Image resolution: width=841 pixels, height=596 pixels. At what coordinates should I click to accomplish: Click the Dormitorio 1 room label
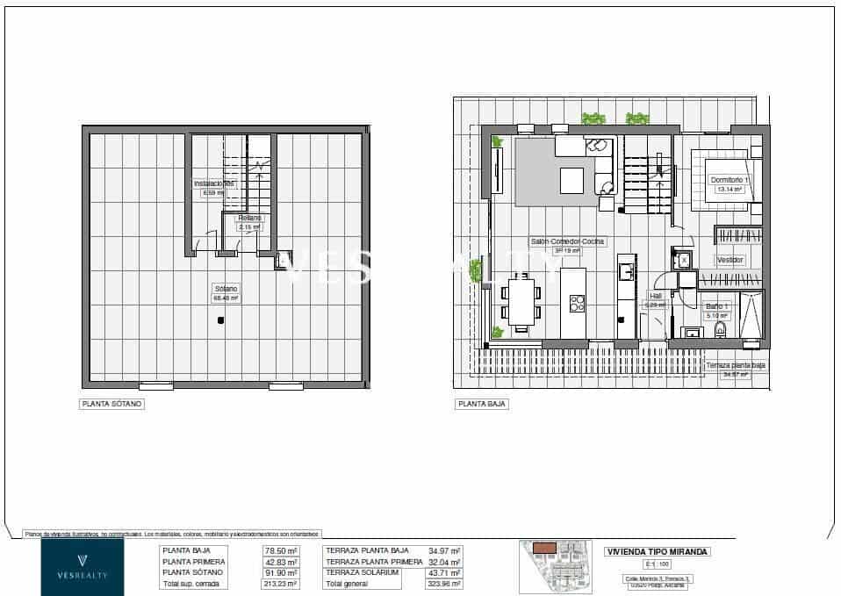pyautogui.click(x=730, y=179)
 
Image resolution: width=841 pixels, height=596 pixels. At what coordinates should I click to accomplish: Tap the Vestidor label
pyautogui.click(x=730, y=260)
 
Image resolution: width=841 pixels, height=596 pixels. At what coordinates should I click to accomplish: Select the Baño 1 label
pyautogui.click(x=717, y=305)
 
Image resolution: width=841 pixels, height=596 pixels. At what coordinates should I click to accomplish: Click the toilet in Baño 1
pyautogui.click(x=721, y=330)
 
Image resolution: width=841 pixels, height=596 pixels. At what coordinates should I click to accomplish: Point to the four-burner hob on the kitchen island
pyautogui.click(x=578, y=303)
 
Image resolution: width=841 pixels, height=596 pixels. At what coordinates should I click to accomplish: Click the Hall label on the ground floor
pyautogui.click(x=655, y=296)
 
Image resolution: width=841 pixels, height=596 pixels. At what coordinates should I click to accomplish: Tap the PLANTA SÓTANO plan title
pyautogui.click(x=111, y=405)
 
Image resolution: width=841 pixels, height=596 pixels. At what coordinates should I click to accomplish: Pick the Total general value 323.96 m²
pyautogui.click(x=444, y=583)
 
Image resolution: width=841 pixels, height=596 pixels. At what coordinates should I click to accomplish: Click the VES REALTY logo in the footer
pyautogui.click(x=83, y=567)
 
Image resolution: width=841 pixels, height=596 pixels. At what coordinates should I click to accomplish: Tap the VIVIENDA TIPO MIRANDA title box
pyautogui.click(x=658, y=552)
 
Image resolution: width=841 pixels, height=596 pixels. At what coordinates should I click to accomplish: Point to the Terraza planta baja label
pyautogui.click(x=735, y=364)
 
